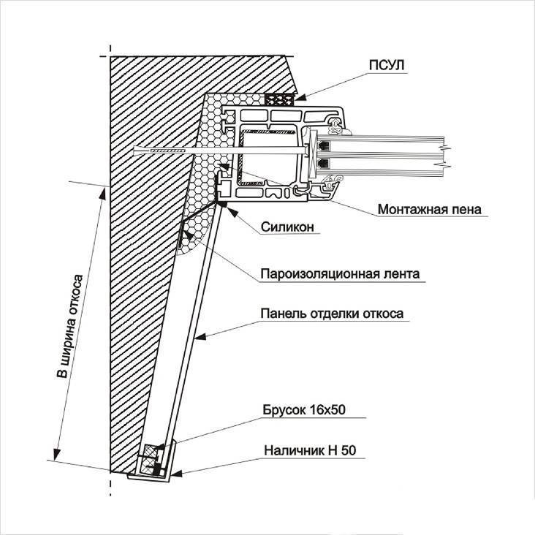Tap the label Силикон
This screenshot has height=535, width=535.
click(287, 227)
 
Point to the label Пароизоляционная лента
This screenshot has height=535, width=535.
click(339, 275)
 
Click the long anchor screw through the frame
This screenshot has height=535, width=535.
click(190, 151)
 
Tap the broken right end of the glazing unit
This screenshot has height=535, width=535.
click(444, 156)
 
